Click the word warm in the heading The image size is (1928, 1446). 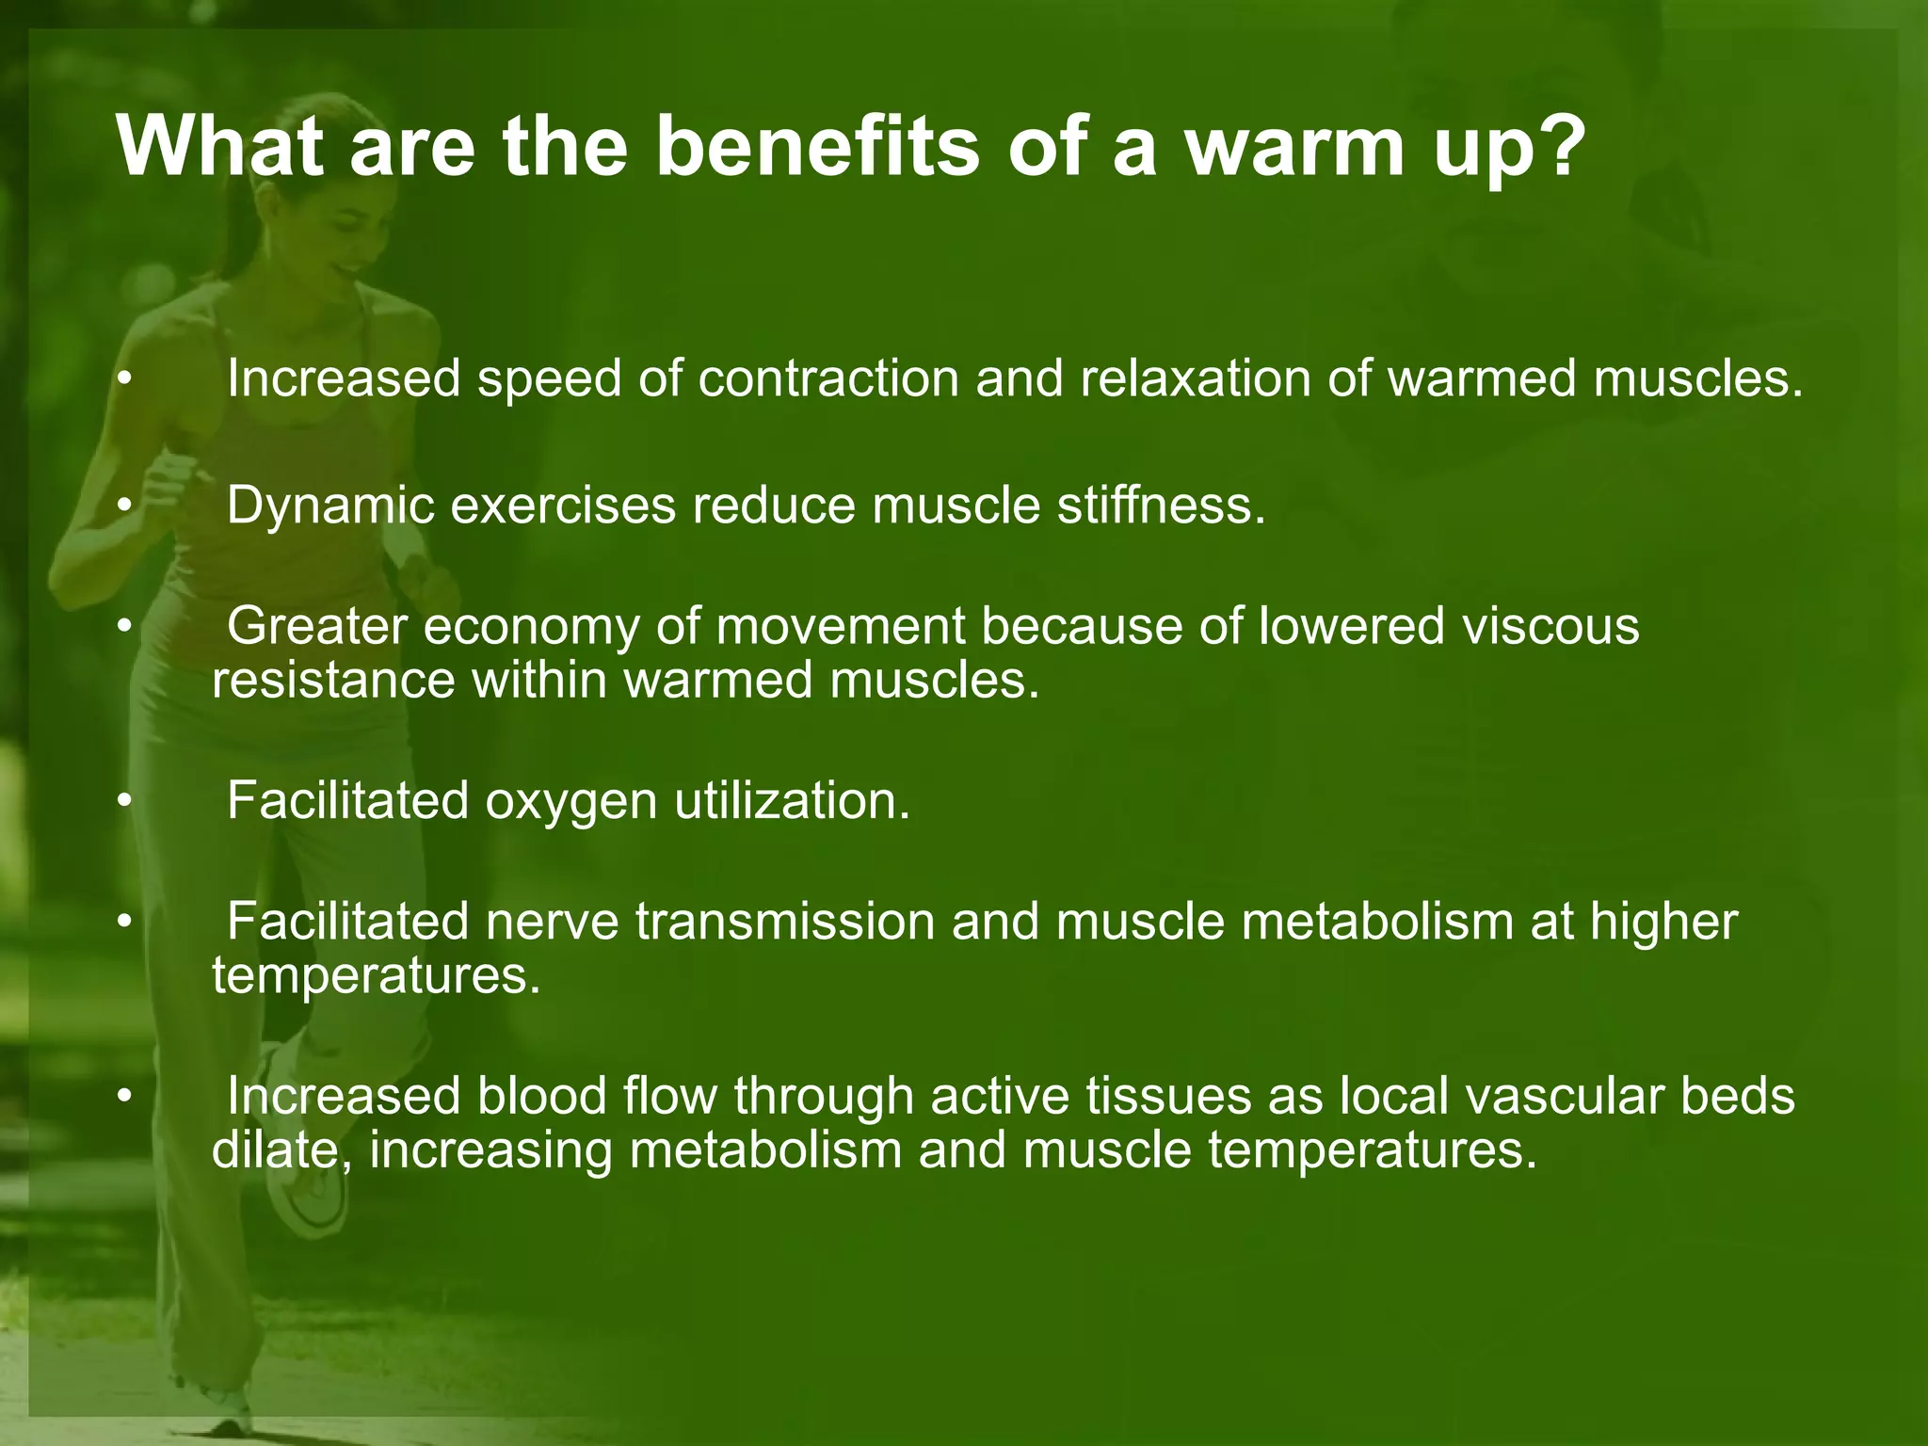click(x=1294, y=149)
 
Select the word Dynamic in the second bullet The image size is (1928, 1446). click(x=330, y=506)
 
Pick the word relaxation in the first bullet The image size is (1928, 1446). click(x=1195, y=379)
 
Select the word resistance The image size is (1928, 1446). click(x=333, y=680)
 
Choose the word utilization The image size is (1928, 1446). click(x=792, y=801)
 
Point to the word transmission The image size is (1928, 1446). click(x=785, y=922)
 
